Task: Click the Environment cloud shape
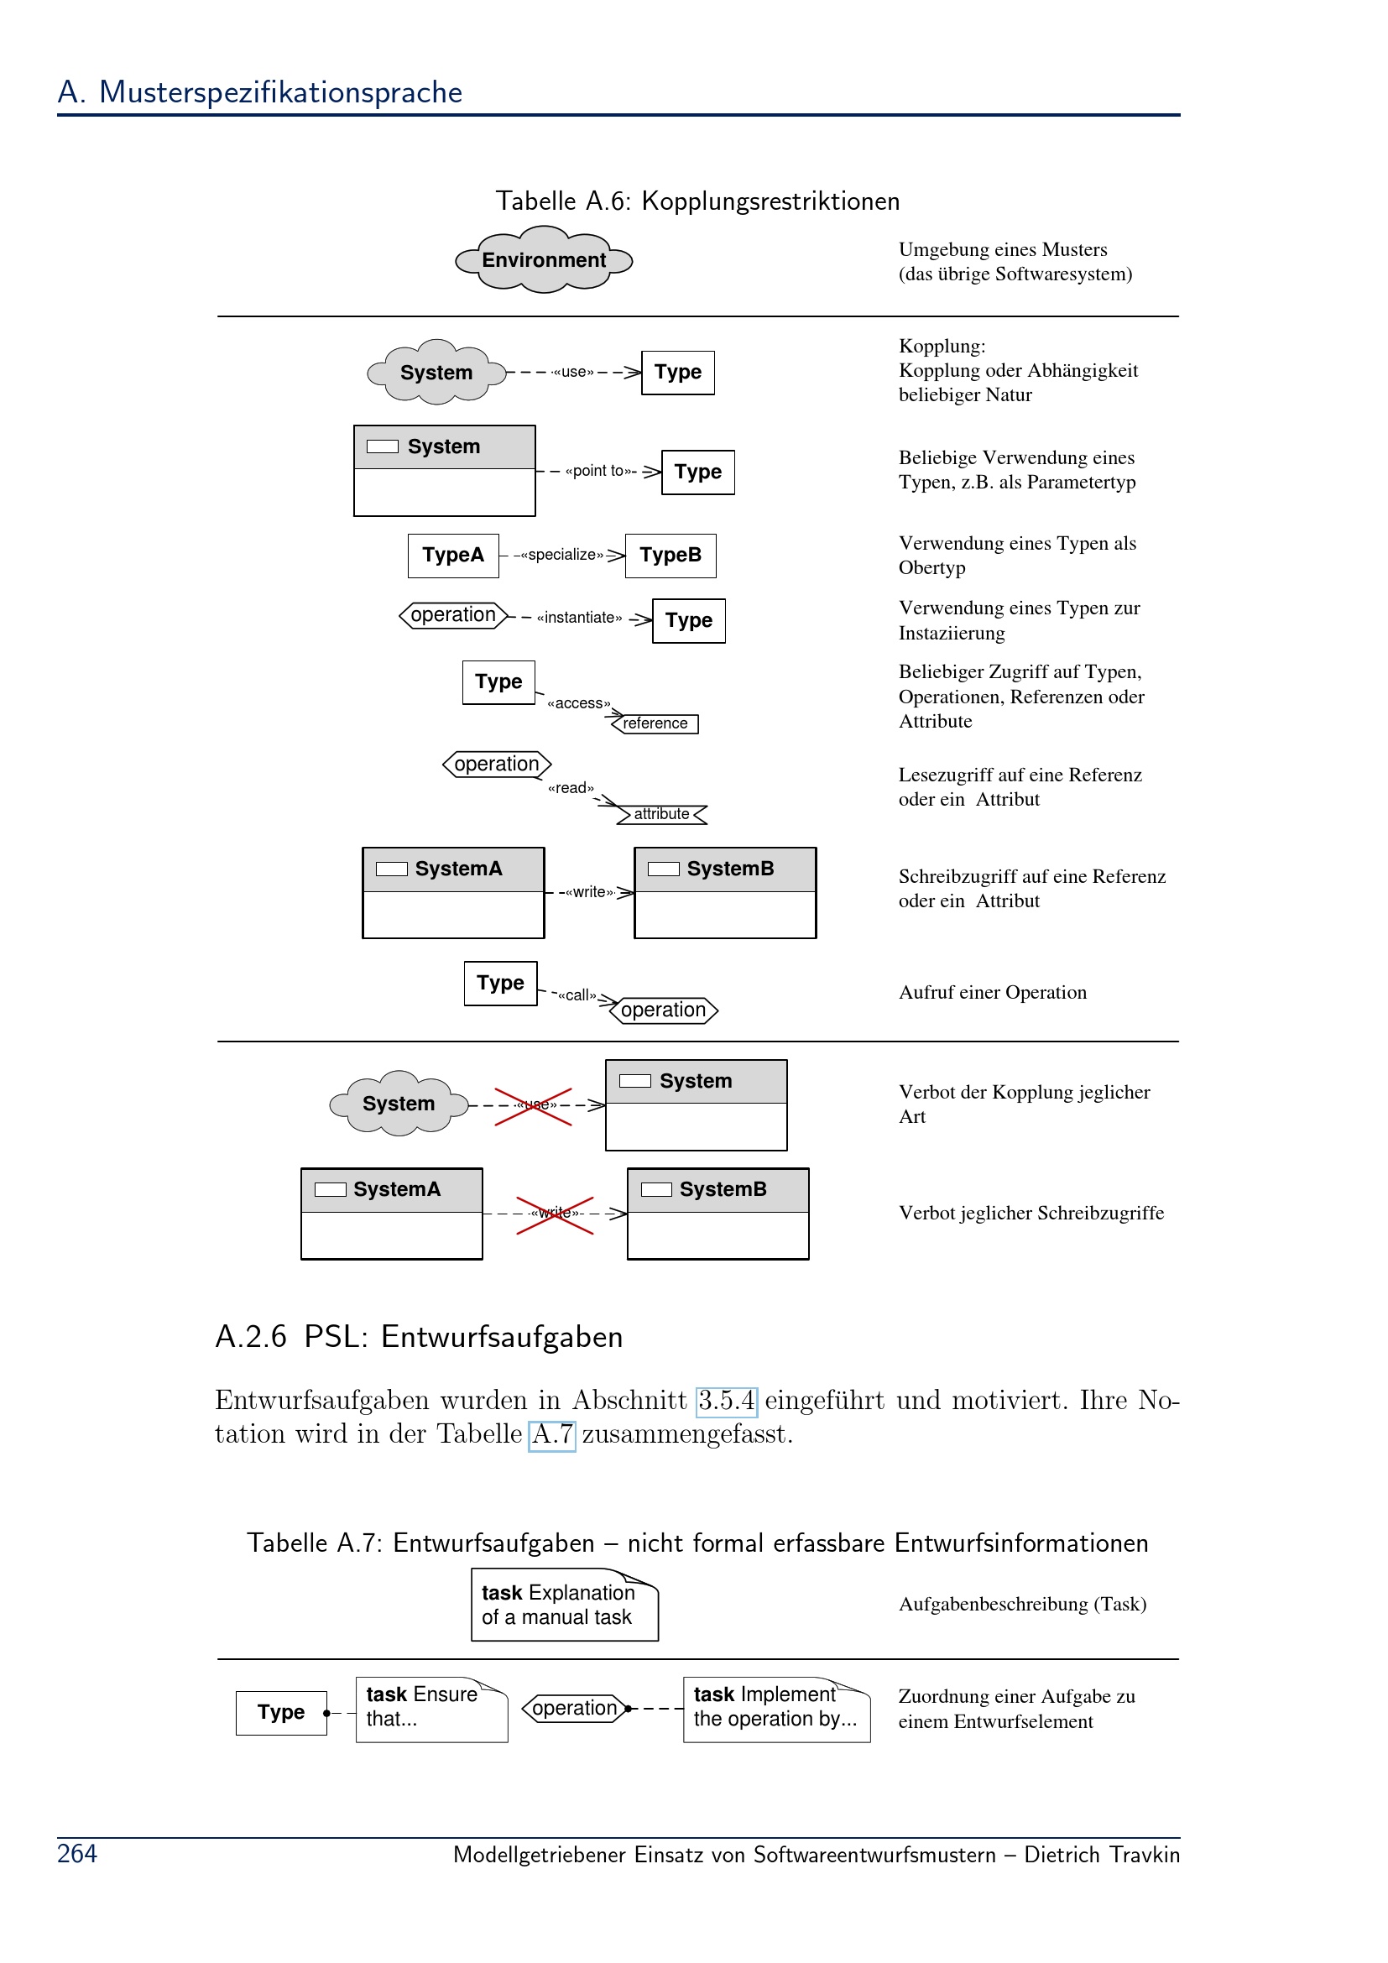pos(544,260)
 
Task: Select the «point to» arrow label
pos(601,471)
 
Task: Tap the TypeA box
pos(453,556)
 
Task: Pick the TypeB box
pos(671,556)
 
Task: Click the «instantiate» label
pos(580,619)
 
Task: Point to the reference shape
pos(655,724)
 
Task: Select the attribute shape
pos(662,815)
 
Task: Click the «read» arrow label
pos(571,788)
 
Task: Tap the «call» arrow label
pos(577,995)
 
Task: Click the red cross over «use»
pos(534,1106)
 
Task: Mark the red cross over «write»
pos(555,1215)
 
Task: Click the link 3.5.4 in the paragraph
pos(727,1401)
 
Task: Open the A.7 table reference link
pos(552,1433)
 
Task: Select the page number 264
pos(77,1854)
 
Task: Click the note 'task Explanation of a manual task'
pos(565,1605)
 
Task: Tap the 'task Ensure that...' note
pos(431,1710)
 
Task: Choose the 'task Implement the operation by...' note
pos(777,1710)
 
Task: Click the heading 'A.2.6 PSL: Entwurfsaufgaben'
pos(419,1337)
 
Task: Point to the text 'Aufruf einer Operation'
pos(992,993)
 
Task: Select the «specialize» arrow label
pos(561,556)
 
